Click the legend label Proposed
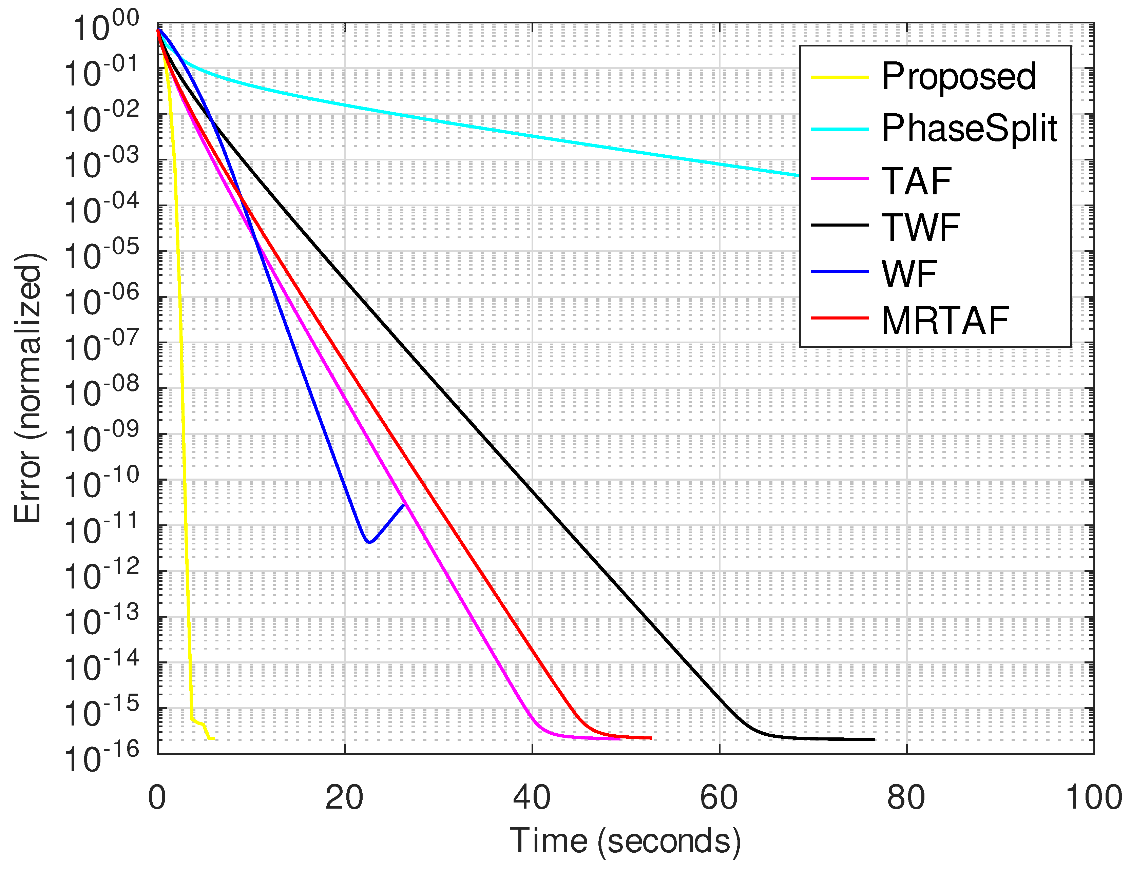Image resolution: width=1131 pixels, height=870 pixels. pyautogui.click(x=958, y=77)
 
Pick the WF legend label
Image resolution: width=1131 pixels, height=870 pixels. pyautogui.click(x=909, y=273)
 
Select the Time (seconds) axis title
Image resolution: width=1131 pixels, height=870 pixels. pyautogui.click(x=625, y=841)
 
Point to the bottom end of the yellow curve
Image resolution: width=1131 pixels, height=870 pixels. pyautogui.click(x=214, y=738)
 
